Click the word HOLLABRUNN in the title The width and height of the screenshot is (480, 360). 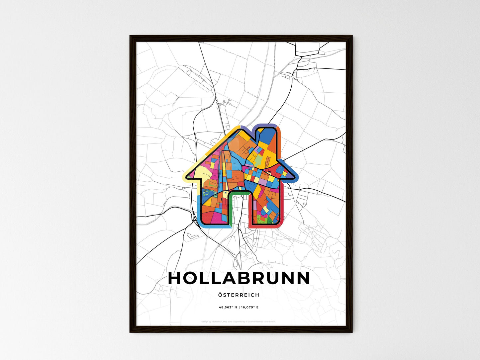[239, 278]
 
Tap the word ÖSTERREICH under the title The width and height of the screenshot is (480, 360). [239, 295]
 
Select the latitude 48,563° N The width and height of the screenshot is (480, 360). [228, 307]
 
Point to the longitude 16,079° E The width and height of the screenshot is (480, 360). [250, 307]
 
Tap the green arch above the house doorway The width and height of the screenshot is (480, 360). [239, 193]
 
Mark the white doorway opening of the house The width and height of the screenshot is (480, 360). [239, 209]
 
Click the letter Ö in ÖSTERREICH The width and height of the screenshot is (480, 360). [221, 295]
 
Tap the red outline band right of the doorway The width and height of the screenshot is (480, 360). [266, 226]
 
